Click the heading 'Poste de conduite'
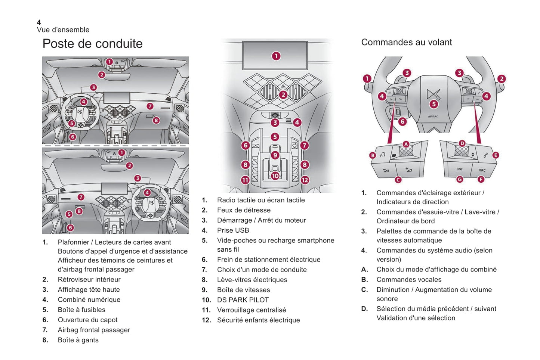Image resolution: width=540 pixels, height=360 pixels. [92, 44]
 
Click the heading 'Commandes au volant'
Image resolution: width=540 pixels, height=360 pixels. [406, 42]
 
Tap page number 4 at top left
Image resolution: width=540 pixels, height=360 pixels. [39, 22]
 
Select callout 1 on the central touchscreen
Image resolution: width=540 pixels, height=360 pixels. [276, 56]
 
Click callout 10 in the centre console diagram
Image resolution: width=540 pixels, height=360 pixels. [275, 176]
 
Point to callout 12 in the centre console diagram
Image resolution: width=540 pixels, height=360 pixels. [305, 180]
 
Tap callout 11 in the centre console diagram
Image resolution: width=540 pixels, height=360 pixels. [245, 180]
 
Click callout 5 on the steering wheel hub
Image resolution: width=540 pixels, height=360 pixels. [433, 104]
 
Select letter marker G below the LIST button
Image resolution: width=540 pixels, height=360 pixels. [460, 179]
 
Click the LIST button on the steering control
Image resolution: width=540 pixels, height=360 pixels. [459, 169]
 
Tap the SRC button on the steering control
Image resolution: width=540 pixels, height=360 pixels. [482, 170]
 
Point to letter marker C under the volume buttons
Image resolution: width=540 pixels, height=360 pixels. [398, 180]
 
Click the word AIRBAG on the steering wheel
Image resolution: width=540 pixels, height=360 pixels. [433, 117]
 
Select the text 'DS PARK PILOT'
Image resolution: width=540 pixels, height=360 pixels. [243, 300]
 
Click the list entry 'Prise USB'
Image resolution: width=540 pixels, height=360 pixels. [233, 230]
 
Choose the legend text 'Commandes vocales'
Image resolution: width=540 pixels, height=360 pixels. [409, 280]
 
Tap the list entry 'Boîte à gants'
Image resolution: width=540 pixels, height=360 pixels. [78, 340]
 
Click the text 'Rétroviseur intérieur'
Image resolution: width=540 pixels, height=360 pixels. [89, 280]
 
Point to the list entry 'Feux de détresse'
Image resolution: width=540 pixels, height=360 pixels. [244, 210]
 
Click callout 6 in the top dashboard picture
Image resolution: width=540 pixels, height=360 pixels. [72, 137]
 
